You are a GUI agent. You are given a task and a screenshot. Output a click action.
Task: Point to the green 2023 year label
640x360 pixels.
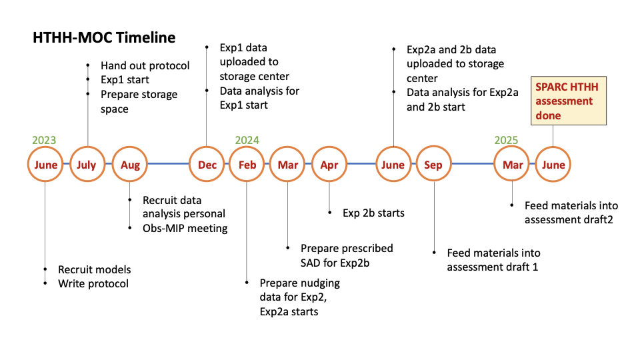(x=44, y=140)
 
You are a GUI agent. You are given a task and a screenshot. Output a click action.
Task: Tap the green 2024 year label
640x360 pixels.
(x=247, y=140)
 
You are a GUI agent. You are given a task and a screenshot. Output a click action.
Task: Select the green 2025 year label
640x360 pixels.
(x=506, y=140)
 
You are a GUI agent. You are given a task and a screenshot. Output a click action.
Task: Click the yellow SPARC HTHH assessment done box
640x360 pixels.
(x=569, y=101)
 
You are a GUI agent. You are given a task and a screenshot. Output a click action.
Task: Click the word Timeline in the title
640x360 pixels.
(x=146, y=37)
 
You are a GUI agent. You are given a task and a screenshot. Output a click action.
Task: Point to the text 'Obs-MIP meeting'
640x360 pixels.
(x=185, y=228)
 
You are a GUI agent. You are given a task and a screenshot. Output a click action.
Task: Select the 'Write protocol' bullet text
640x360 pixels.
(x=93, y=284)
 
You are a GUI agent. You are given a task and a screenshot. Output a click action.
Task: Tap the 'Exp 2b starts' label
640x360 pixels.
(x=373, y=213)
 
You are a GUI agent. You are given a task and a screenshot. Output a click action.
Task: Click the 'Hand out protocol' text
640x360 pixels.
(x=145, y=66)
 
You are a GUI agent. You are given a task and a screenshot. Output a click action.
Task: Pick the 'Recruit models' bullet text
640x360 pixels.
(x=94, y=269)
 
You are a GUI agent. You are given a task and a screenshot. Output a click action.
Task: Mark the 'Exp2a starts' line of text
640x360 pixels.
(x=289, y=312)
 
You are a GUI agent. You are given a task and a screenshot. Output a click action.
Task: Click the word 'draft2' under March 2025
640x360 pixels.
(x=598, y=220)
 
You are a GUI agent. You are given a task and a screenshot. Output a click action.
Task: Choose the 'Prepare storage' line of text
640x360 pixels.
(x=139, y=95)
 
